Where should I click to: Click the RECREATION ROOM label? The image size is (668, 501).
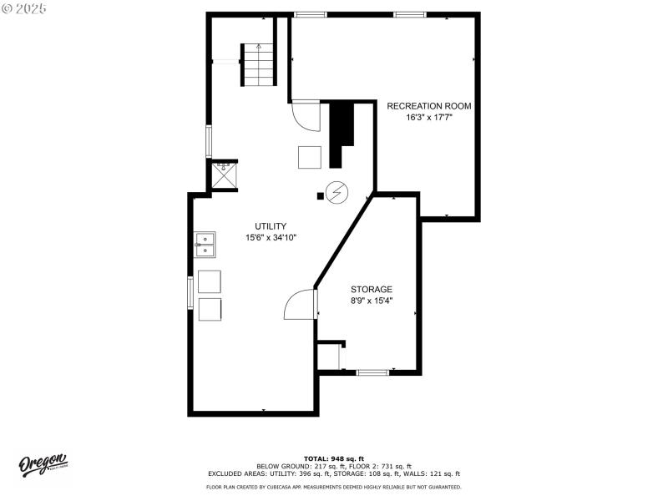tap(428, 106)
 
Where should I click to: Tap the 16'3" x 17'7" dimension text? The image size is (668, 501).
tap(428, 118)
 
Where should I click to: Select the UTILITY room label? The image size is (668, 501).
tap(271, 226)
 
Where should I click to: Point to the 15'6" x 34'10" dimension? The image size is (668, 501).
tap(271, 238)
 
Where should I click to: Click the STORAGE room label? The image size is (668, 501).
tap(371, 289)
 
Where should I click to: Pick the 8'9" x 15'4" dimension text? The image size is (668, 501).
tap(371, 301)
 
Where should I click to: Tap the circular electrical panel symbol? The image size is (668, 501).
tap(337, 193)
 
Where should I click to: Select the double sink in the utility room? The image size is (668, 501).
tap(205, 245)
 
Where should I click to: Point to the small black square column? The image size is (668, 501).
tap(320, 197)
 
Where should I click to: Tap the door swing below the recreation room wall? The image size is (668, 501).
tap(305, 115)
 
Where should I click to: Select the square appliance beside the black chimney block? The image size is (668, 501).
tap(310, 157)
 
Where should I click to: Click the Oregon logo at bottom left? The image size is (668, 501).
tap(43, 465)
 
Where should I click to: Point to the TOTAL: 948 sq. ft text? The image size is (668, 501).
tap(333, 458)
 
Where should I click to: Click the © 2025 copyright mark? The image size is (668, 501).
tap(24, 8)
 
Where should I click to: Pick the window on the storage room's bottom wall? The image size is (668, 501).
tap(372, 372)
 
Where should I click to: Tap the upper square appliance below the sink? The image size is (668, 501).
tap(210, 281)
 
